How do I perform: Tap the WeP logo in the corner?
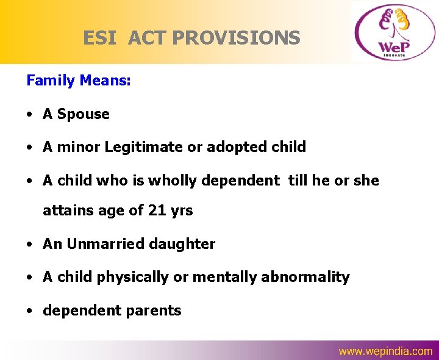coord(393,32)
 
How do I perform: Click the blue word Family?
coord(51,81)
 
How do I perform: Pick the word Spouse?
coord(84,114)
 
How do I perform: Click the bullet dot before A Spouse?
coord(30,115)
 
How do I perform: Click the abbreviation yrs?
coord(181,211)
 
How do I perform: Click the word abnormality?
coord(305,277)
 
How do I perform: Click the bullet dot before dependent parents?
coord(30,311)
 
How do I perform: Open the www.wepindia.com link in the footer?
coord(385,351)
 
